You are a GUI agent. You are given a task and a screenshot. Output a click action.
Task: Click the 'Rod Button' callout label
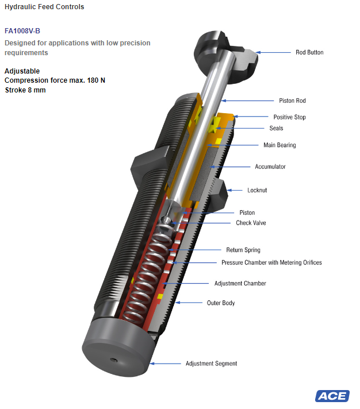tap(309, 52)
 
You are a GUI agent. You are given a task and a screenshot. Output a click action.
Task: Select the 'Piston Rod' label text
tap(292, 101)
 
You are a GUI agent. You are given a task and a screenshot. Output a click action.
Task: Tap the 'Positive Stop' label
tap(289, 117)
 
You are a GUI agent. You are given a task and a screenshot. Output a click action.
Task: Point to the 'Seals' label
tap(276, 128)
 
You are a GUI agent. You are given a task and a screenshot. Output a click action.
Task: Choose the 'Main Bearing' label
tap(279, 145)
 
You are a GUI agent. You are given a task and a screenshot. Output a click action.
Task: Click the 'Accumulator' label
tap(270, 167)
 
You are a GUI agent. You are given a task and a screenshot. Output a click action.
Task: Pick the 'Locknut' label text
tap(257, 190)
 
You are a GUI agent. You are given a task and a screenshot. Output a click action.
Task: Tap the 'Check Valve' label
tap(251, 223)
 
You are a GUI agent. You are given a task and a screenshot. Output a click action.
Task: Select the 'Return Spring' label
tap(243, 250)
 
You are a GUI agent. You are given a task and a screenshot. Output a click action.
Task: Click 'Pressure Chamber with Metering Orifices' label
tap(271, 263)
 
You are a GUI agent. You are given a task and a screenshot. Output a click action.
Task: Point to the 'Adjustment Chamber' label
tap(240, 283)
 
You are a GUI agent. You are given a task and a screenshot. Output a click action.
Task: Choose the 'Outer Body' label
tap(221, 303)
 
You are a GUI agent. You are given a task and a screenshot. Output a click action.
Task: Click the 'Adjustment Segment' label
tap(211, 364)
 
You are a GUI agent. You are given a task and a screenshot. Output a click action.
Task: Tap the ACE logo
tap(332, 396)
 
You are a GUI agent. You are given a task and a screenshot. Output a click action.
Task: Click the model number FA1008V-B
tap(22, 31)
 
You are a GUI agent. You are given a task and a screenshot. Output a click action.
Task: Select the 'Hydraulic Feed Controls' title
tap(44, 7)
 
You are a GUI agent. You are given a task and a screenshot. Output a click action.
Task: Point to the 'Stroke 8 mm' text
tap(25, 90)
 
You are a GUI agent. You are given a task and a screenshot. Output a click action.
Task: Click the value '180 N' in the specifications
tap(96, 80)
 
